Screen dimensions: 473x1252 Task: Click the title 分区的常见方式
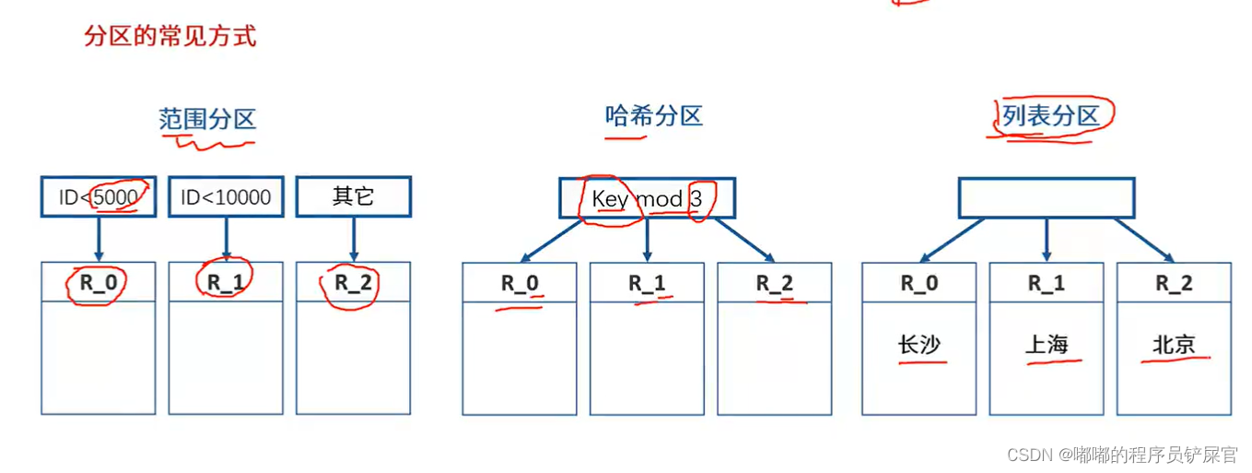point(170,37)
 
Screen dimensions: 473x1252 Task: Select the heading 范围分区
point(206,119)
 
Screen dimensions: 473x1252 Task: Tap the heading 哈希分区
point(653,116)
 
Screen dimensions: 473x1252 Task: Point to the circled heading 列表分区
point(1051,116)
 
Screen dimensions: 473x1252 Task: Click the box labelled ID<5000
point(99,197)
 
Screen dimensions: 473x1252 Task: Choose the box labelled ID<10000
point(226,197)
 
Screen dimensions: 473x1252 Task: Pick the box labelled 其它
point(353,197)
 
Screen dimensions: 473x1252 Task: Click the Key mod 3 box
point(647,198)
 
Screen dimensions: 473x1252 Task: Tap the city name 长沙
point(919,345)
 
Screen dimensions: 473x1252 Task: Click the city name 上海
point(1047,345)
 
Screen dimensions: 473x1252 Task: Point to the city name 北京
point(1174,345)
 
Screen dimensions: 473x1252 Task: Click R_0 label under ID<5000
point(99,282)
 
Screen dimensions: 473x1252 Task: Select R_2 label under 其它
point(353,282)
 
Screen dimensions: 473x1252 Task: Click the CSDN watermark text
point(1121,455)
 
